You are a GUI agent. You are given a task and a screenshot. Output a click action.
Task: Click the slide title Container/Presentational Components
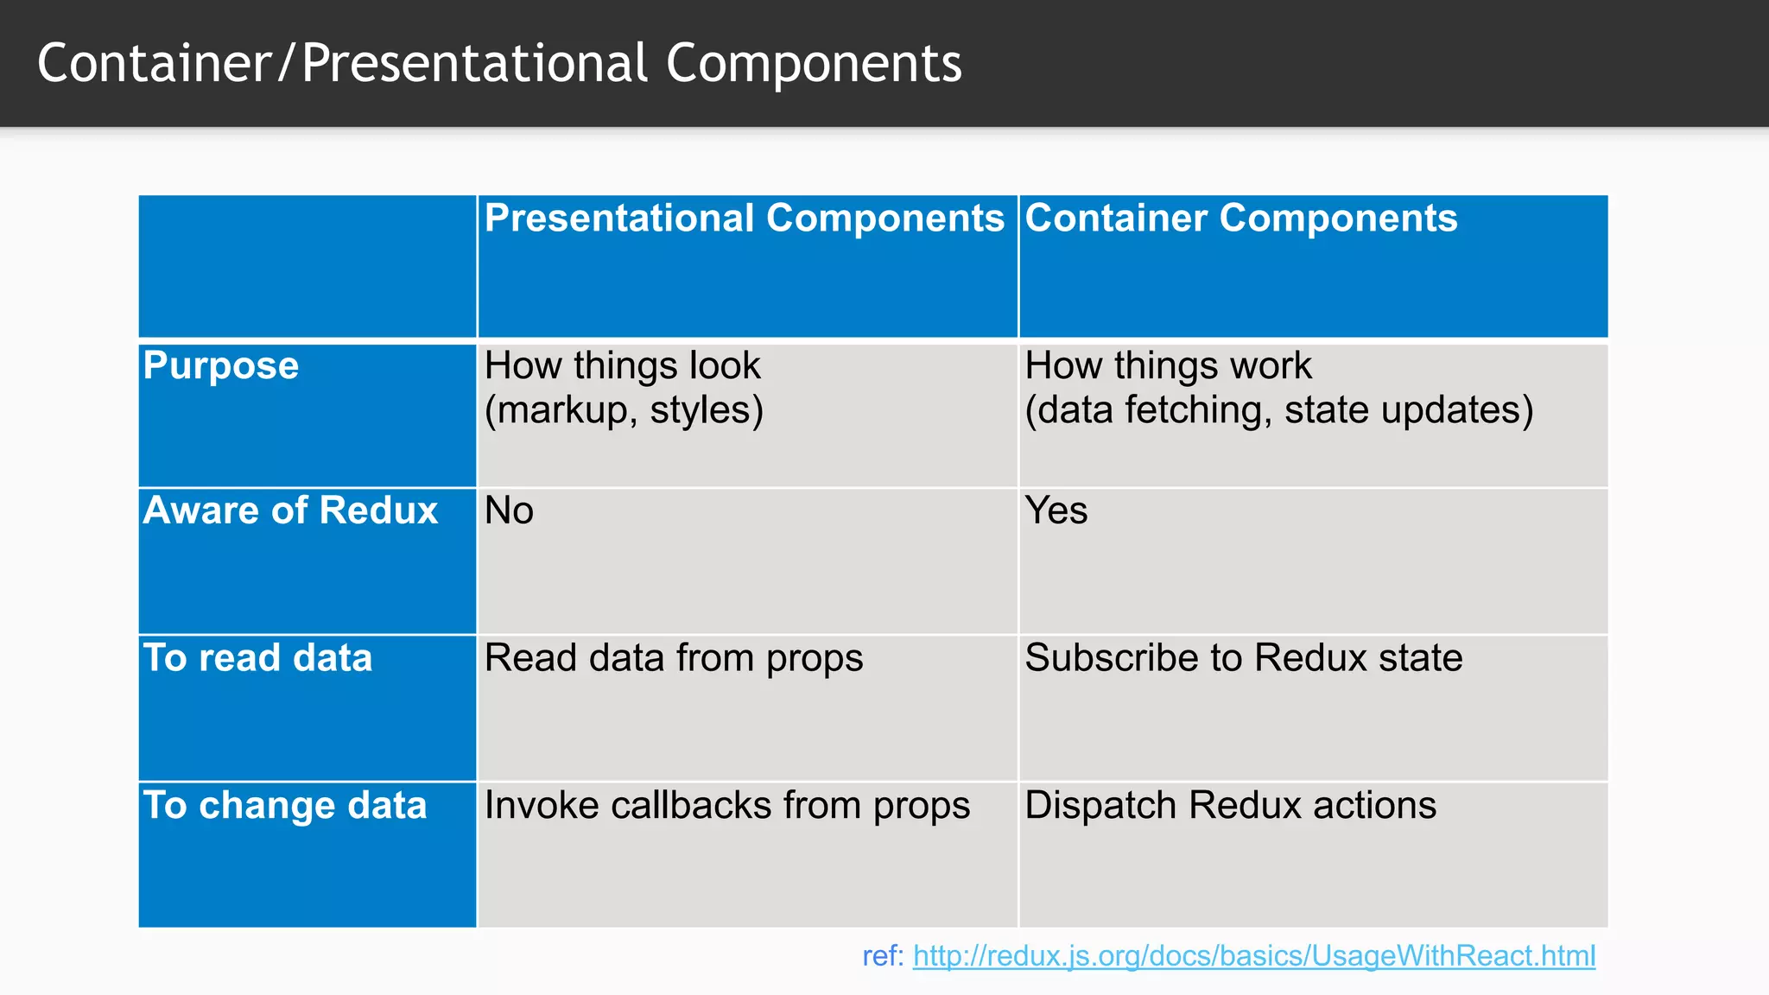(499, 64)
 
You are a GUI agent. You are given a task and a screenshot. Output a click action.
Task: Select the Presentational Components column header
(744, 219)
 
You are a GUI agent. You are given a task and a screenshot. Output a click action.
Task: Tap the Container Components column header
(1240, 219)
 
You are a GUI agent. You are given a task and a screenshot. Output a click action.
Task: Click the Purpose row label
(221, 366)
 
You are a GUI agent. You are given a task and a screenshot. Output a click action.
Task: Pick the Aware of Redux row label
(290, 510)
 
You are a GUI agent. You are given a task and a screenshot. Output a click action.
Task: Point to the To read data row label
(257, 658)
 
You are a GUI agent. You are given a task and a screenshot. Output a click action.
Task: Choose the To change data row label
(285, 806)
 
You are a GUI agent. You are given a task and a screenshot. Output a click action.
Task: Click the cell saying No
(509, 510)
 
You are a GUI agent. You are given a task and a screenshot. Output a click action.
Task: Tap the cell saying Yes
(1056, 510)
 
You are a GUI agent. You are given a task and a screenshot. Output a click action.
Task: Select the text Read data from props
(674, 658)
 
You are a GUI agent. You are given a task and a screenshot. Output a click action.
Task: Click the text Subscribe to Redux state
(1243, 658)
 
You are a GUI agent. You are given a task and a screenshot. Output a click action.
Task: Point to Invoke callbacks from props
(726, 806)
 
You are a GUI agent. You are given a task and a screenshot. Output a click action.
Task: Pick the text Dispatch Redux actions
(1230, 806)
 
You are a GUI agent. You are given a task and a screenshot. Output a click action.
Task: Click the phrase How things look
(622, 366)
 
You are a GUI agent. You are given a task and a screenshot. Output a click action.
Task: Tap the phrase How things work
(1168, 366)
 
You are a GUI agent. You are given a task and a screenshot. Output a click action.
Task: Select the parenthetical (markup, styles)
(624, 410)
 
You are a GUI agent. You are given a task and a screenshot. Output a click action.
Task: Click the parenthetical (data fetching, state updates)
(1278, 410)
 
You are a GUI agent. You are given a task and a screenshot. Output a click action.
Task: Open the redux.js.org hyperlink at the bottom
(1253, 956)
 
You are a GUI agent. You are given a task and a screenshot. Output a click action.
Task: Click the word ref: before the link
(882, 956)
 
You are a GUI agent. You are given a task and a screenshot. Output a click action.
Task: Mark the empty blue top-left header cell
(308, 266)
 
